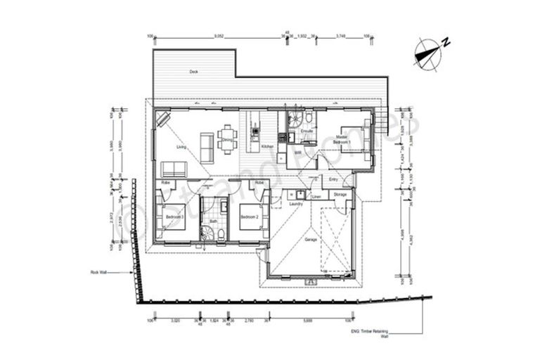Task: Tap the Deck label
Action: click(x=193, y=72)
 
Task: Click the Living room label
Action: click(x=181, y=147)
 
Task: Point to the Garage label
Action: click(x=311, y=239)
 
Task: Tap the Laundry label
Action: click(x=296, y=204)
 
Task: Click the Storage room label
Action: click(x=340, y=194)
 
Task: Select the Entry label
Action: click(x=333, y=179)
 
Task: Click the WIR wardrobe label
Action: click(x=297, y=152)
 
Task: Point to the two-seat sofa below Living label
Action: click(x=174, y=169)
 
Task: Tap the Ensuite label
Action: click(x=307, y=131)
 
